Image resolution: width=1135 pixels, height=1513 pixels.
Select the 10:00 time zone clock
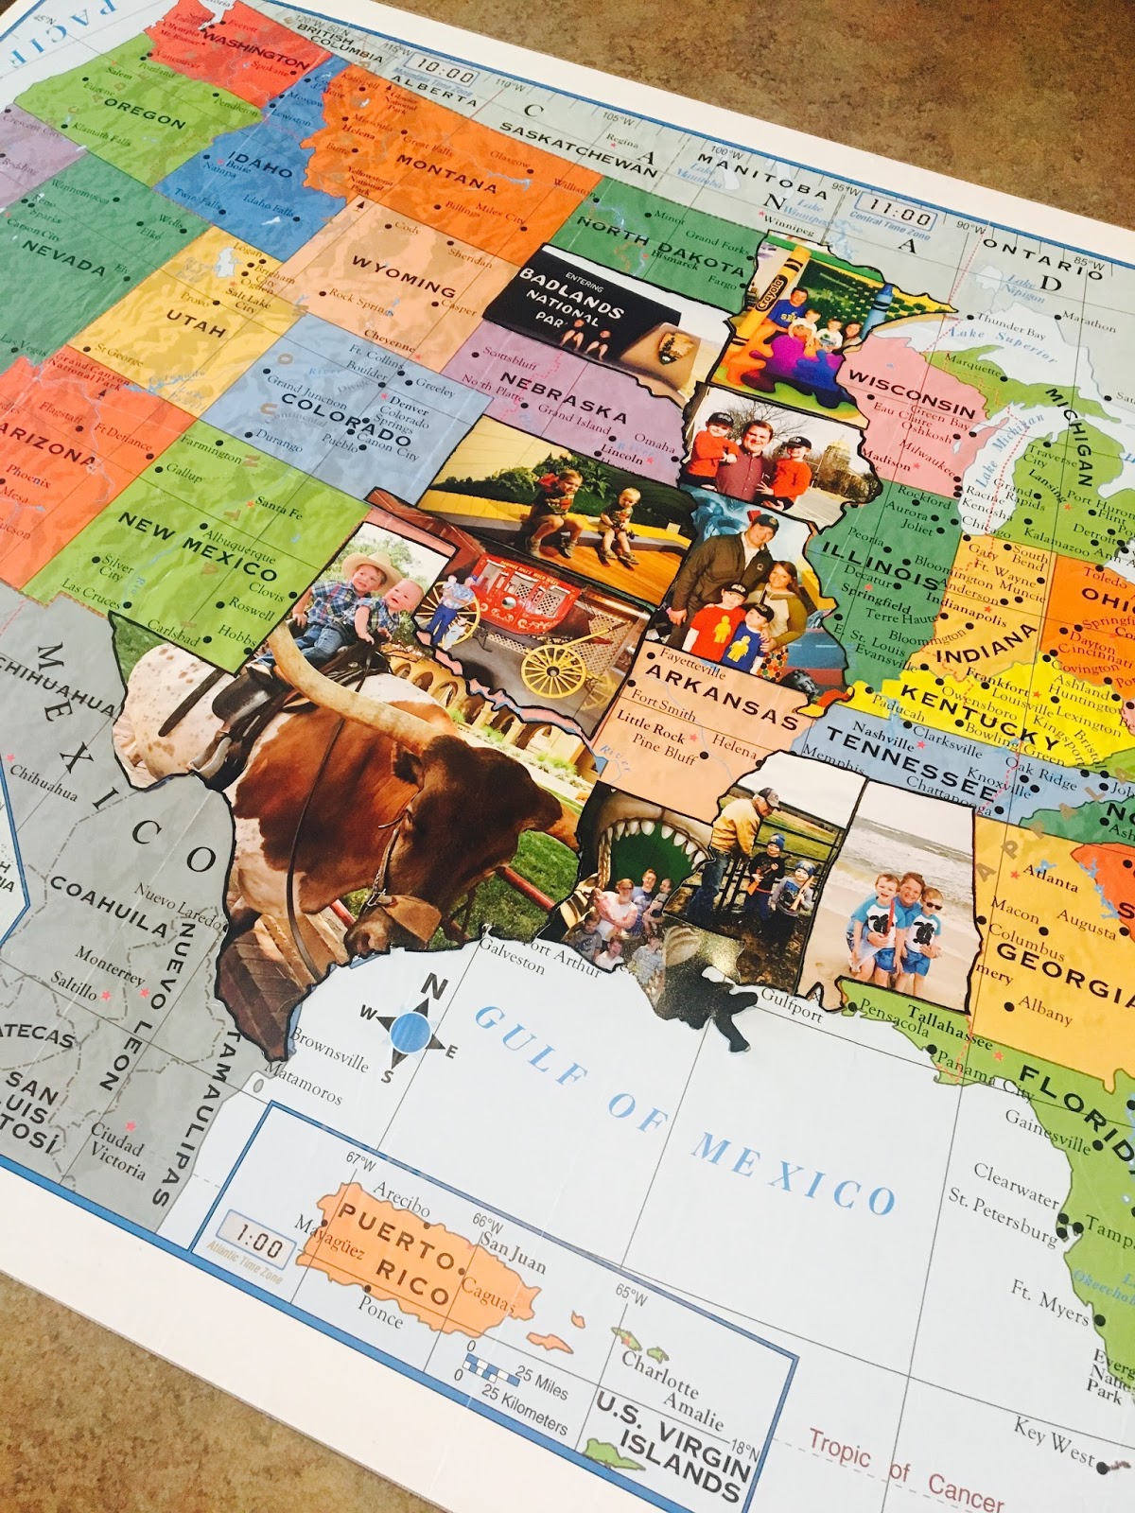click(445, 74)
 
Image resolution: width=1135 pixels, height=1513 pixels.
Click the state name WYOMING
click(403, 275)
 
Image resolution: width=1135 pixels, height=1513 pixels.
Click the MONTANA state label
click(445, 173)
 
